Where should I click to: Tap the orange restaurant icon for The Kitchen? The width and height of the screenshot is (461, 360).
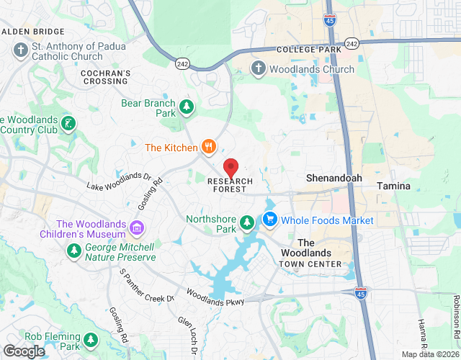(209, 147)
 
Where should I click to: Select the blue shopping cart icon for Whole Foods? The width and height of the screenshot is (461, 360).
(270, 220)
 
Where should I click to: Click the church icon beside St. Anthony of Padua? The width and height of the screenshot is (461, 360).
(20, 51)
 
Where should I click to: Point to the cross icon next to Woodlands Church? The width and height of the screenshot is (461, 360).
(259, 69)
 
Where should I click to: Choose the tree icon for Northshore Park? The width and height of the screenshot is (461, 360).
(247, 222)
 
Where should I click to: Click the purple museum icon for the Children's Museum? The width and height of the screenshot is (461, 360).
(137, 229)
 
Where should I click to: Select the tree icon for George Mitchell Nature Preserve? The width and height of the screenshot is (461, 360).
(73, 251)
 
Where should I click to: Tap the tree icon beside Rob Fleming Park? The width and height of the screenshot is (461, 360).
(90, 340)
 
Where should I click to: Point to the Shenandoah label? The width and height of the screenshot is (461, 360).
(334, 178)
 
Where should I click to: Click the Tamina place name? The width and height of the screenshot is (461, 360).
(393, 186)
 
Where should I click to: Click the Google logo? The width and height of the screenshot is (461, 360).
(23, 351)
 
